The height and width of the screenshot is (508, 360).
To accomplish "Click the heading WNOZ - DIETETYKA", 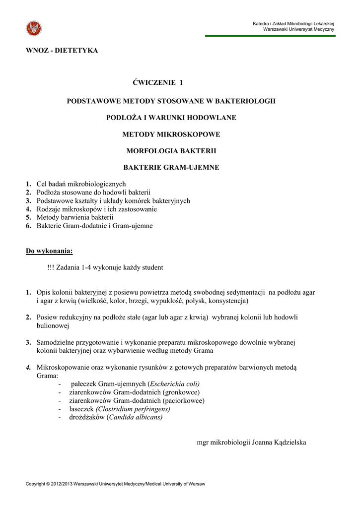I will [x=62, y=51].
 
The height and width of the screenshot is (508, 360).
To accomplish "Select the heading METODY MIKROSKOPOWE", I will [x=171, y=134].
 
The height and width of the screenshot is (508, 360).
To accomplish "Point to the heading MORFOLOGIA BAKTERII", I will [x=171, y=151].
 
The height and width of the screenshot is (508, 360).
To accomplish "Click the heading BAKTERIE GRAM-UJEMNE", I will [x=171, y=168].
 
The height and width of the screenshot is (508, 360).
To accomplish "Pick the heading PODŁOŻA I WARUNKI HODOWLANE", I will [x=171, y=118].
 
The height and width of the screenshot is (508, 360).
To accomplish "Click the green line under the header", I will [x=270, y=36].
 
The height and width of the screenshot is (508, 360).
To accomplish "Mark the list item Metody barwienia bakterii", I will [x=75, y=217].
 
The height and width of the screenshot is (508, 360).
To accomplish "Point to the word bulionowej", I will [x=53, y=325].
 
